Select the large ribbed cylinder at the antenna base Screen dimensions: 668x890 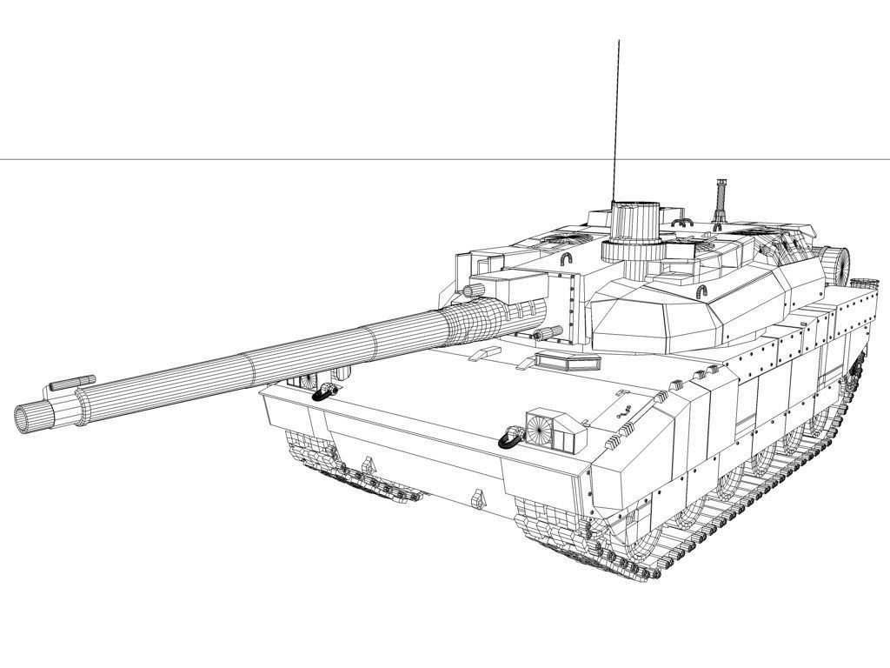click(635, 223)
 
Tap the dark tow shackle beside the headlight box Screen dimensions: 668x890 click(510, 438)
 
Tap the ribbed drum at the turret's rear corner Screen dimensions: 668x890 click(835, 264)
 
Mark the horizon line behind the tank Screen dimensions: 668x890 click(261, 159)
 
